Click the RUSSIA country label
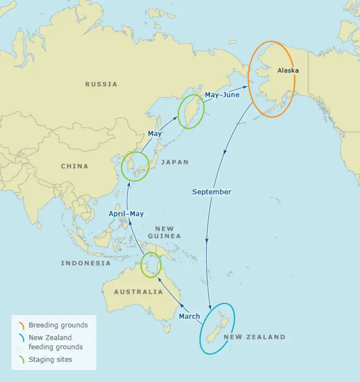coord(101,84)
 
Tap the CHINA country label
coord(74,166)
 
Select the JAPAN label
coord(174,162)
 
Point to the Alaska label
coord(288,71)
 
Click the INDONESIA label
coord(86,263)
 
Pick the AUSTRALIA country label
coord(138,292)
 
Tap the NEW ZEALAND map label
coord(254,337)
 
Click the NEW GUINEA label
coord(168,232)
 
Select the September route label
coord(211,192)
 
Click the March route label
coord(189,317)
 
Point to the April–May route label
coord(126,214)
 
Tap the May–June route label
coord(222,95)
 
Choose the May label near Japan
coord(155,134)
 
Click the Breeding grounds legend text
coord(58,325)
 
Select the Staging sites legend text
coord(50,360)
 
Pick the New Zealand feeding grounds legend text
coord(55,342)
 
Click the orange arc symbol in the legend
coord(21,325)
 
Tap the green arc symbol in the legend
coord(21,360)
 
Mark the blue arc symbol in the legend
coord(21,338)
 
